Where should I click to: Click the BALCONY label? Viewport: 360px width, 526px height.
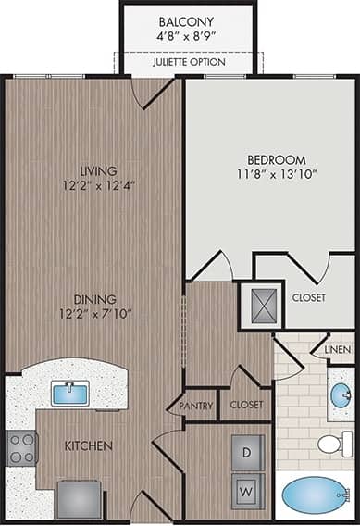click(188, 20)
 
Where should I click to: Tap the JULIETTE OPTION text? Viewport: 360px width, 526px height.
click(188, 64)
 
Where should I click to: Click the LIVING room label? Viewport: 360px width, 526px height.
click(98, 171)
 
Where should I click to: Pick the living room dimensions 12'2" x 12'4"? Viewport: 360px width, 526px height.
click(98, 186)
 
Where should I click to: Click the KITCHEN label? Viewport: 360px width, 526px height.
click(89, 446)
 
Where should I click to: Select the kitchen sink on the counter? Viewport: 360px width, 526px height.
click(69, 394)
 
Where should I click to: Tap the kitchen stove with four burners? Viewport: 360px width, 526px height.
click(21, 448)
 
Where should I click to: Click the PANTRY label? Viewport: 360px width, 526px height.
click(196, 406)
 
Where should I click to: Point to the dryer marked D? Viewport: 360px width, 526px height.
click(247, 453)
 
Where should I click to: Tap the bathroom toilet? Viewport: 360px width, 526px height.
click(336, 444)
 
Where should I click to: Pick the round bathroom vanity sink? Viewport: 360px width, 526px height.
click(341, 395)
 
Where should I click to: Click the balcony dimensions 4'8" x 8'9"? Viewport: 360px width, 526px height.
click(188, 38)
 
